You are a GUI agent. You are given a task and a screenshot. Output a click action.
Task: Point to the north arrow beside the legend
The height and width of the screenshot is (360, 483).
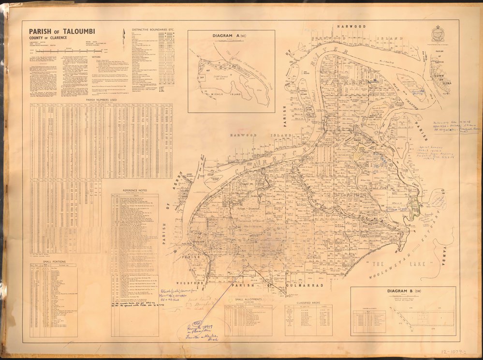coord(124,35)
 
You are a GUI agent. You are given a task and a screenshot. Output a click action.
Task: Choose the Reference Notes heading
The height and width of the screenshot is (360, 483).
coord(135,190)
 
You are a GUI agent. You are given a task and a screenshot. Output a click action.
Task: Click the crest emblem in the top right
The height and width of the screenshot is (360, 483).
coord(438,34)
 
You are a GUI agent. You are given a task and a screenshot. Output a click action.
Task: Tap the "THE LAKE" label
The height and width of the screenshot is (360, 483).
coord(387,268)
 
